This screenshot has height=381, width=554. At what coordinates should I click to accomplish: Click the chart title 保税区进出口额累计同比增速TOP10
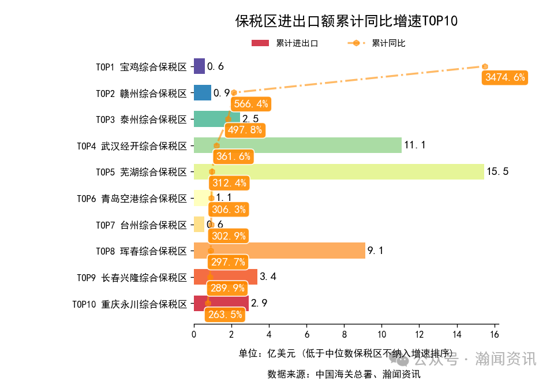(x=346, y=21)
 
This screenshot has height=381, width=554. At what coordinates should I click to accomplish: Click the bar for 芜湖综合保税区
(x=339, y=171)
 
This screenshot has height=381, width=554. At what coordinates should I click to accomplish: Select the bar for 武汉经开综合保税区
(x=297, y=145)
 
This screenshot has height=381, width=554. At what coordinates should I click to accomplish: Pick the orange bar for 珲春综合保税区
(x=279, y=251)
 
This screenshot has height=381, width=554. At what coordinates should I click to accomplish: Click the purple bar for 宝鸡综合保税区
(x=199, y=66)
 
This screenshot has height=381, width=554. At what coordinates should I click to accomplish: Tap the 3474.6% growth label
(x=505, y=77)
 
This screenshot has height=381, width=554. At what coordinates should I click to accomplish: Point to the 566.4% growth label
(x=251, y=104)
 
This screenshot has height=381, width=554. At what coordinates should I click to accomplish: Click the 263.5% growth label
(x=224, y=315)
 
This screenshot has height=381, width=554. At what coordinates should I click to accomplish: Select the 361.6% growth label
(x=233, y=156)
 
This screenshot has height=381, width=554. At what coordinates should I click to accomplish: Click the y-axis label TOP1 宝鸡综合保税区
(x=141, y=67)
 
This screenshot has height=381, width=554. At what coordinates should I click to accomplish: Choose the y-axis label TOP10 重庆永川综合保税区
(x=130, y=304)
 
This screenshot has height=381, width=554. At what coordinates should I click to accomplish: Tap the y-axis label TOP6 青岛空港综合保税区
(x=132, y=199)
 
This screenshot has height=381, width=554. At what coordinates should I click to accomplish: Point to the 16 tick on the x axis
(x=495, y=334)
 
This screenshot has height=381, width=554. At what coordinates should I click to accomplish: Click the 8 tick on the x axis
(x=344, y=334)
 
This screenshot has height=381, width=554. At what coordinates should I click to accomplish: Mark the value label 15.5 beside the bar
(x=497, y=172)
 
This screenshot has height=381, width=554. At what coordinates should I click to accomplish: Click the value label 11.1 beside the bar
(x=414, y=145)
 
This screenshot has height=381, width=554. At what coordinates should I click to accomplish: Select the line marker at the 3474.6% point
(x=485, y=66)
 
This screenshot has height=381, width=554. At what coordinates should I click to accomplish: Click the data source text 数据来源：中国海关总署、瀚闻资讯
(x=343, y=373)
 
